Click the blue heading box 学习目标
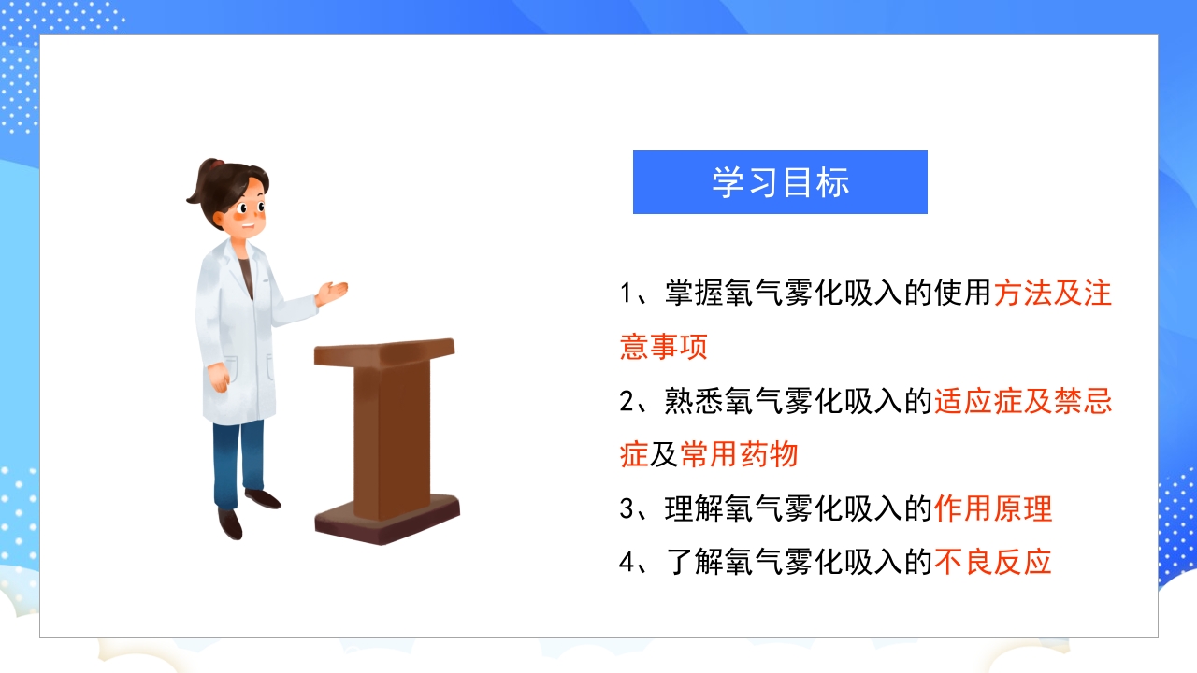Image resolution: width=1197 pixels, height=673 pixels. pyautogui.click(x=780, y=182)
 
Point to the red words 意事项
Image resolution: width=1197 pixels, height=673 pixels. pyautogui.click(x=664, y=347)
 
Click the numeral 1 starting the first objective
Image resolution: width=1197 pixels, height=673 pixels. pyautogui.click(x=627, y=294)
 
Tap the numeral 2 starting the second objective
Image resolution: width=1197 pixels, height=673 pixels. pyautogui.click(x=627, y=402)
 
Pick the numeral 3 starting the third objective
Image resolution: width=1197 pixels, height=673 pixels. pyautogui.click(x=627, y=509)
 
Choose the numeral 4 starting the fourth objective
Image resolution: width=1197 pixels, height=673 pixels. pyautogui.click(x=627, y=563)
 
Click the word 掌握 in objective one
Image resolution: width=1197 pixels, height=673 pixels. pyautogui.click(x=693, y=294)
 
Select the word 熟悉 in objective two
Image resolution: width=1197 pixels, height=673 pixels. pyautogui.click(x=693, y=402)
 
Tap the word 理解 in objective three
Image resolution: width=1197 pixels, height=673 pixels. pyautogui.click(x=693, y=509)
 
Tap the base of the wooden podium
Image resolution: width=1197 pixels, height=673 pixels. pyautogui.click(x=386, y=523)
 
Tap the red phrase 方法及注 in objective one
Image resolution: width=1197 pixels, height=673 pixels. pyautogui.click(x=1052, y=294)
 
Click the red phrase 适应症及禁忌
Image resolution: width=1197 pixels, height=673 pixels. pyautogui.click(x=1023, y=402)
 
